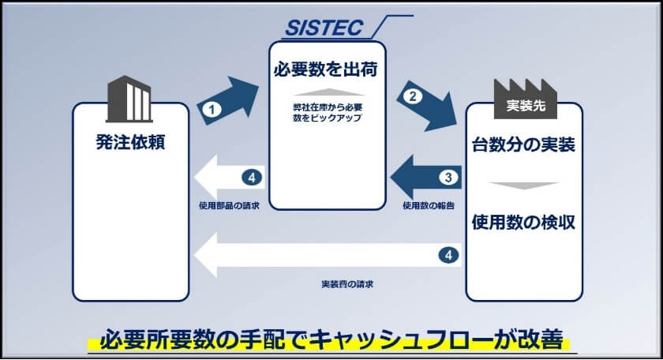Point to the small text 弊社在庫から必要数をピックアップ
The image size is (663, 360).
tap(327, 111)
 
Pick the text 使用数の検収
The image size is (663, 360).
tap(523, 222)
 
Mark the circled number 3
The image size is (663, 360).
tap(447, 177)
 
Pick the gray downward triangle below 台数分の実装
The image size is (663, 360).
tap(523, 186)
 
